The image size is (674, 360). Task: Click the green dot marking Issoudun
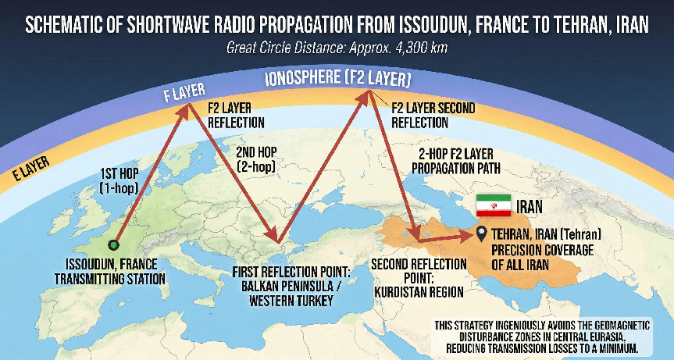click(x=113, y=244)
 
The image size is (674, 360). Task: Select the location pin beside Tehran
click(x=481, y=233)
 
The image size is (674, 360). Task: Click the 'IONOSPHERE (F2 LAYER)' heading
click(x=338, y=80)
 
